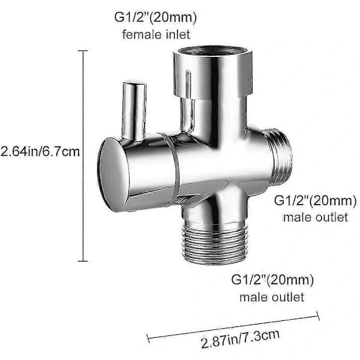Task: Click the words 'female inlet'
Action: point(156,34)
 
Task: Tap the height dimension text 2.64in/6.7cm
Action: point(40,152)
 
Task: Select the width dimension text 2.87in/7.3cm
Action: point(240,339)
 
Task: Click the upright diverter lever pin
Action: point(134,110)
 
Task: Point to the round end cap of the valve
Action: point(113,175)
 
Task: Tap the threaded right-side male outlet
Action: point(278,156)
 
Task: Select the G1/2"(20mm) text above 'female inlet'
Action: point(155,17)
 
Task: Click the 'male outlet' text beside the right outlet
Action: point(316,217)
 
